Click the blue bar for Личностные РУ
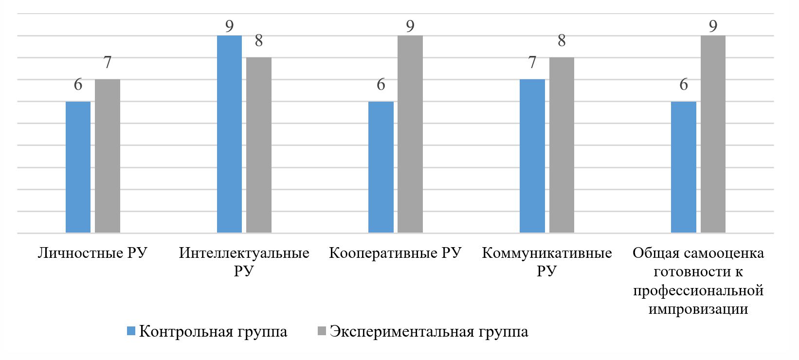(x=78, y=167)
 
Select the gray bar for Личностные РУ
(x=107, y=156)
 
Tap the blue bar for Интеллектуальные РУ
(x=229, y=134)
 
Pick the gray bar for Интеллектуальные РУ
(x=258, y=145)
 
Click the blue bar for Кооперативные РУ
(x=381, y=167)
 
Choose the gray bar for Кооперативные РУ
(x=410, y=134)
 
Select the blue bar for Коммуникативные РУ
(x=532, y=156)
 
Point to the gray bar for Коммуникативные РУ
(x=562, y=145)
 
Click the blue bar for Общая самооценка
(x=683, y=167)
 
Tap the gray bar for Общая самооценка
(x=713, y=134)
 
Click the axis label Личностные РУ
(x=92, y=253)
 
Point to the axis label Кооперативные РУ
(x=395, y=253)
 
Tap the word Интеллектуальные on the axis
(x=244, y=253)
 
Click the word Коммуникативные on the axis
(x=546, y=253)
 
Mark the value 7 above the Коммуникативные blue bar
(x=532, y=62)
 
